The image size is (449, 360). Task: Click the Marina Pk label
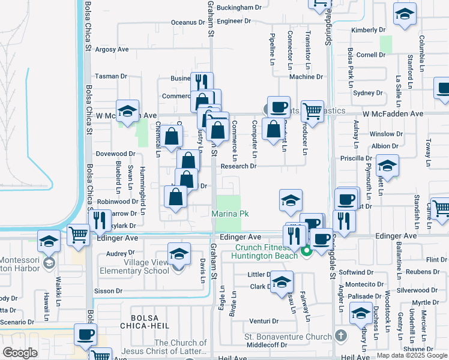coord(230,214)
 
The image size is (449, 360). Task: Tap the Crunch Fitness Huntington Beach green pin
coord(306,251)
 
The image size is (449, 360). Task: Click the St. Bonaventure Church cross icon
coord(341,335)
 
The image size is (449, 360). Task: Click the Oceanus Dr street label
coord(188,22)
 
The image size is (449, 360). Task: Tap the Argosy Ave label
coord(112,49)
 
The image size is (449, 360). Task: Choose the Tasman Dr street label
coord(111,76)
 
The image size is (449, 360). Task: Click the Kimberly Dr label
coord(369,29)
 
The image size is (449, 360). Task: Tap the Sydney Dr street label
coord(367,93)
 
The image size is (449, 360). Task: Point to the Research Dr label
coord(239,167)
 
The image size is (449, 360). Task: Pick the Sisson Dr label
coord(108,290)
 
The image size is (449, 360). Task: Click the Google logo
coord(20,352)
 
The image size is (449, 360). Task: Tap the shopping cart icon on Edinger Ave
coord(79,235)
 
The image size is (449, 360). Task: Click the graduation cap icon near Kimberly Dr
coord(405,14)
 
